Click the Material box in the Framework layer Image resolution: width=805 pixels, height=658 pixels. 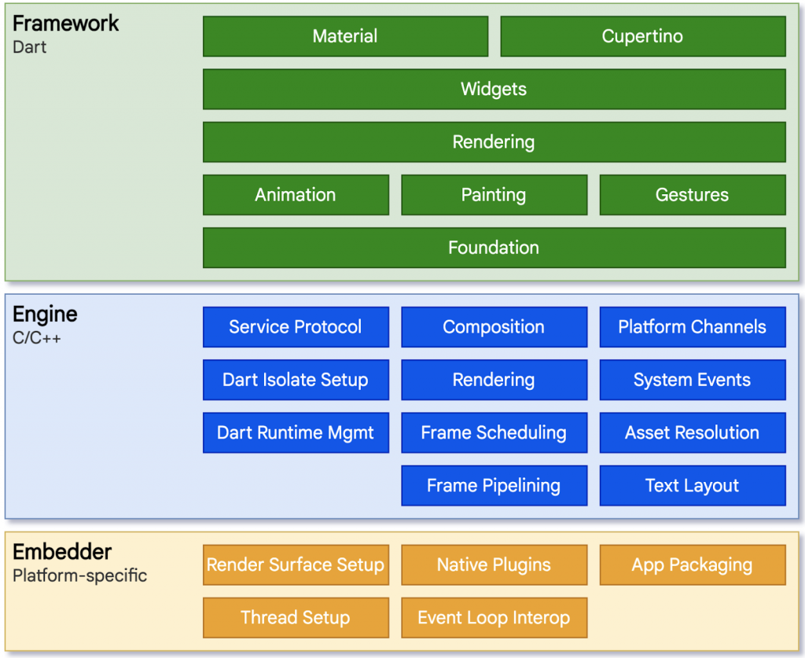pyautogui.click(x=345, y=36)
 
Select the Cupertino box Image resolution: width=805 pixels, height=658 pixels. pyautogui.click(x=642, y=36)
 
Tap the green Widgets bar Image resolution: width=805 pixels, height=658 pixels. pyautogui.click(x=494, y=89)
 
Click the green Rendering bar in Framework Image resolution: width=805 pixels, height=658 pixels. pyautogui.click(x=494, y=142)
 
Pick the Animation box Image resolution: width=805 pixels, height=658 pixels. pyautogui.click(x=296, y=195)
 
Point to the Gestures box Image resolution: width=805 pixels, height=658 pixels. pyautogui.click(x=692, y=195)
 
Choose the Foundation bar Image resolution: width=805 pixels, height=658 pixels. pyautogui.click(x=494, y=248)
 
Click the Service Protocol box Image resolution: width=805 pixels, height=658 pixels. pyautogui.click(x=296, y=327)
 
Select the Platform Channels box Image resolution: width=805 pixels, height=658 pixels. pyautogui.click(x=692, y=327)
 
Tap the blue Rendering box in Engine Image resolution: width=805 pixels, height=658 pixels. pyautogui.click(x=494, y=380)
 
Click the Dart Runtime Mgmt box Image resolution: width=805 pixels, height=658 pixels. pyautogui.click(x=296, y=432)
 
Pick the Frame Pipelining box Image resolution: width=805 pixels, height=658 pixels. pyautogui.click(x=494, y=485)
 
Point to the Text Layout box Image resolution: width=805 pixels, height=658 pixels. pyautogui.click(x=692, y=485)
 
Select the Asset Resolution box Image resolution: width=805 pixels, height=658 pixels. pyautogui.click(x=692, y=432)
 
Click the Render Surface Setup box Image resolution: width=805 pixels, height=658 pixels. pyautogui.click(x=296, y=564)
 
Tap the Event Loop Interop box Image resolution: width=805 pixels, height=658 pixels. pyautogui.click(x=494, y=617)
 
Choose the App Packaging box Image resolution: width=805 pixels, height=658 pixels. pyautogui.click(x=692, y=564)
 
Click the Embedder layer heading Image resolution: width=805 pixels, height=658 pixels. pyautogui.click(x=62, y=552)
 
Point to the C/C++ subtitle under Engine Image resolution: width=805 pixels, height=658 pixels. pyautogui.click(x=37, y=338)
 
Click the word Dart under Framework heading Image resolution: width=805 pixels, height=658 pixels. pyautogui.click(x=30, y=47)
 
